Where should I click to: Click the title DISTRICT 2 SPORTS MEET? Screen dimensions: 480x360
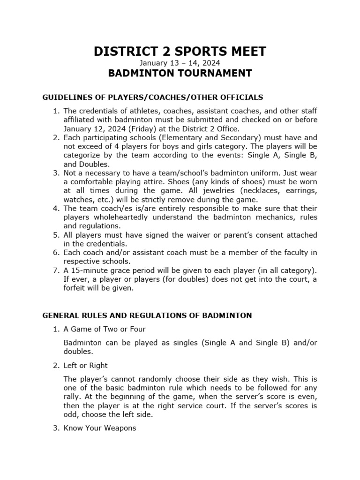click(180, 52)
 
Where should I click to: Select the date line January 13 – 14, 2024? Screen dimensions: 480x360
click(180, 63)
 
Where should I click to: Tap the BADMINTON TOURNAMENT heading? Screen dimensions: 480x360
click(180, 74)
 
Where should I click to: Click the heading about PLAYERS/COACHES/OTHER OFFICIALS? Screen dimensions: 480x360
click(153, 97)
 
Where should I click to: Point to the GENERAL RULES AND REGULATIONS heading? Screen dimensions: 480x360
click(147, 315)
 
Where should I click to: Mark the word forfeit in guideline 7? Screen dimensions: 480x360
click(76, 288)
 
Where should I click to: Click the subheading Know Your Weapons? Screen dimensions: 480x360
click(100, 428)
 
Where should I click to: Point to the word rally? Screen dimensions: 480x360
click(74, 397)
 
